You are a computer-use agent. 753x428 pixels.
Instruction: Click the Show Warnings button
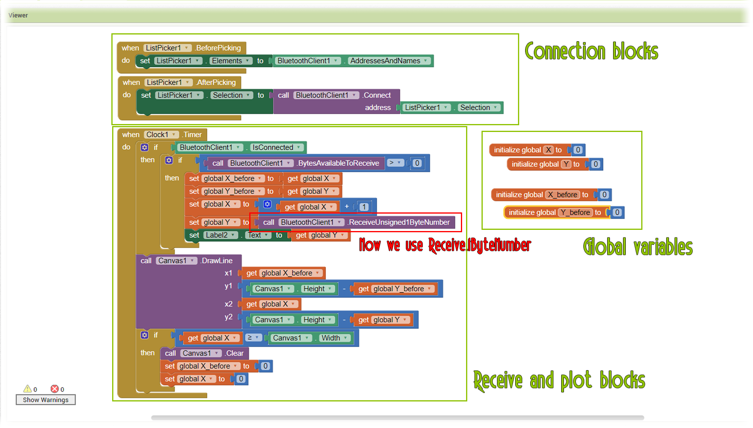pos(46,400)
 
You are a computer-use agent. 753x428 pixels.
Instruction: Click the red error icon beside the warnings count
pos(55,389)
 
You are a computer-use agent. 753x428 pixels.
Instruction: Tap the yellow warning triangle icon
pos(27,389)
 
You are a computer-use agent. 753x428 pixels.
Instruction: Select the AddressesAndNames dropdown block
pos(388,61)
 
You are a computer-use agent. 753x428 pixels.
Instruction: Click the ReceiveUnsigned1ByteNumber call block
pos(398,222)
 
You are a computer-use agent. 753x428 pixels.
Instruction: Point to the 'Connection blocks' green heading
pos(591,52)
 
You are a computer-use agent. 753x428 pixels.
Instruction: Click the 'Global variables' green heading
pos(638,247)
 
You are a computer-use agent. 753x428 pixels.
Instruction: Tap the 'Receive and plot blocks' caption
pos(559,380)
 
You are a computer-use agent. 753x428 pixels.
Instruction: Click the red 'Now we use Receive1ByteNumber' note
pos(445,245)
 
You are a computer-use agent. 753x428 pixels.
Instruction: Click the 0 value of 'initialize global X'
pos(578,150)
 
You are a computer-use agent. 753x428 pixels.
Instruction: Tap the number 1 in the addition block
pos(364,207)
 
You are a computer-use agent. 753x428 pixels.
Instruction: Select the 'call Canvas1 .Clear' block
pos(204,353)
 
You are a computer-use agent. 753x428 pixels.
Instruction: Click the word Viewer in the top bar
pos(18,15)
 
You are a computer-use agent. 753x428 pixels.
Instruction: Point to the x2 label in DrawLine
pos(228,304)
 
